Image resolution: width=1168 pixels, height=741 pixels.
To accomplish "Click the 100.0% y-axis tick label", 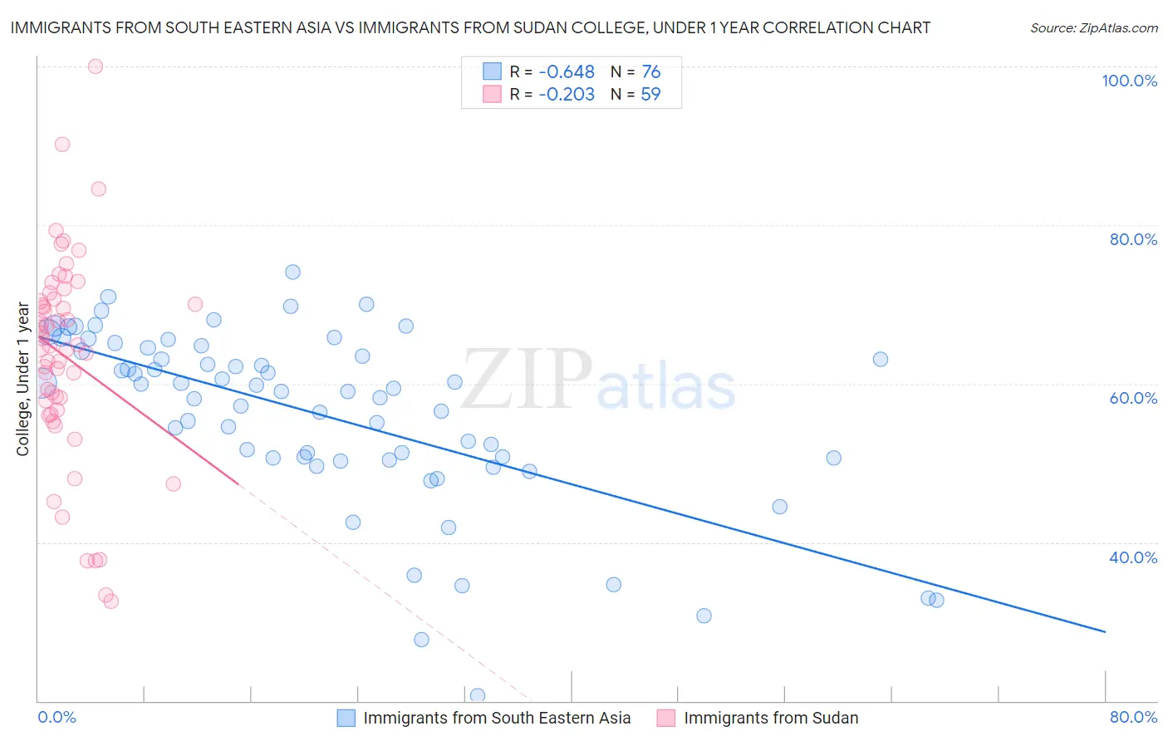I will pos(1129,81).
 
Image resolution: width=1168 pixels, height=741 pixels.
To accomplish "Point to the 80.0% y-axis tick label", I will pos(1133,239).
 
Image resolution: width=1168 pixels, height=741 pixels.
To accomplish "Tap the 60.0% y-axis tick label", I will pos(1133,398).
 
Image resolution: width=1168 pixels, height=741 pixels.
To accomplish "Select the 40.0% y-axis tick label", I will pos(1133,557).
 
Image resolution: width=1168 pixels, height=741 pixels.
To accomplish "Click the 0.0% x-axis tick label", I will pos(56,717).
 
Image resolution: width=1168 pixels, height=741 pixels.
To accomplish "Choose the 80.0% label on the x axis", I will pos(1133,717).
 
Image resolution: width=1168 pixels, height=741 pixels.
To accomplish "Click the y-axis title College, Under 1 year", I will pos(23,379).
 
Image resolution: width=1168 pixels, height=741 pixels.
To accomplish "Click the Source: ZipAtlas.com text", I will pos(1093,27).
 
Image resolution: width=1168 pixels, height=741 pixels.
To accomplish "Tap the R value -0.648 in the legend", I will pos(567,72).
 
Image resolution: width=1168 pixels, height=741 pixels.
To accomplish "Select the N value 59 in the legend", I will pos(650,95).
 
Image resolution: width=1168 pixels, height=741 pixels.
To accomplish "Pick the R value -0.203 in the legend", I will pos(567,95).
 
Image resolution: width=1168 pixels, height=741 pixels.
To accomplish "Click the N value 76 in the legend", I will pos(650,72).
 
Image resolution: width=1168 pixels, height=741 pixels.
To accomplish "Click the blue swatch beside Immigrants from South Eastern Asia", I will pos(346,718).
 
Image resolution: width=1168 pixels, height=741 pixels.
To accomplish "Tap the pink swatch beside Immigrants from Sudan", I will pos(666,718).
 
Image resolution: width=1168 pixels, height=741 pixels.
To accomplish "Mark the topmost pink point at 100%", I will pos(96,66).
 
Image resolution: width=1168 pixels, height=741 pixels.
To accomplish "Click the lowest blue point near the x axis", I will pos(478,695).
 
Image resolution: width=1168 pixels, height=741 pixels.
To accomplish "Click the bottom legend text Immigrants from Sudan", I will pos(770,718).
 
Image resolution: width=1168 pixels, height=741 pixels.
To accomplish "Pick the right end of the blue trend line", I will pos(1105,632).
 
